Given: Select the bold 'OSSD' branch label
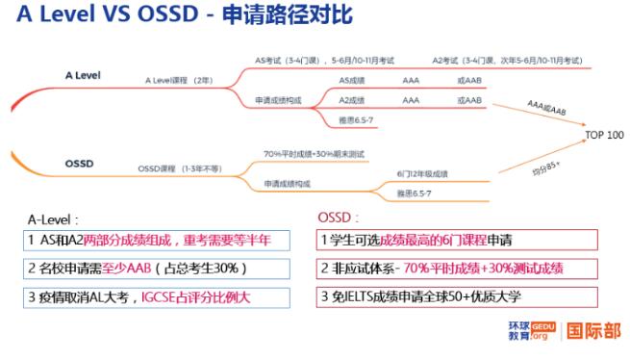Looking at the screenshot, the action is tap(79, 164).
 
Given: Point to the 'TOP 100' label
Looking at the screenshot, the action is tap(604, 135).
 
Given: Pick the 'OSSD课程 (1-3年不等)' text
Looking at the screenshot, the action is tap(179, 168).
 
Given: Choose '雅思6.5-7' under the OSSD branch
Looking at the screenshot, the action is tap(413, 193).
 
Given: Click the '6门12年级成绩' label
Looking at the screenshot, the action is tap(421, 173).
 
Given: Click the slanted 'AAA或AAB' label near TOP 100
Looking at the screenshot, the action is tap(546, 106).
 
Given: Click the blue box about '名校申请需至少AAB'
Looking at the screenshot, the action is tap(158, 268).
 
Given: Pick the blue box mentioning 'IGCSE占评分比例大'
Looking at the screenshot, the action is tap(158, 296).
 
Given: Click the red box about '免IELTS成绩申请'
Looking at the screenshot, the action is tap(457, 296).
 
